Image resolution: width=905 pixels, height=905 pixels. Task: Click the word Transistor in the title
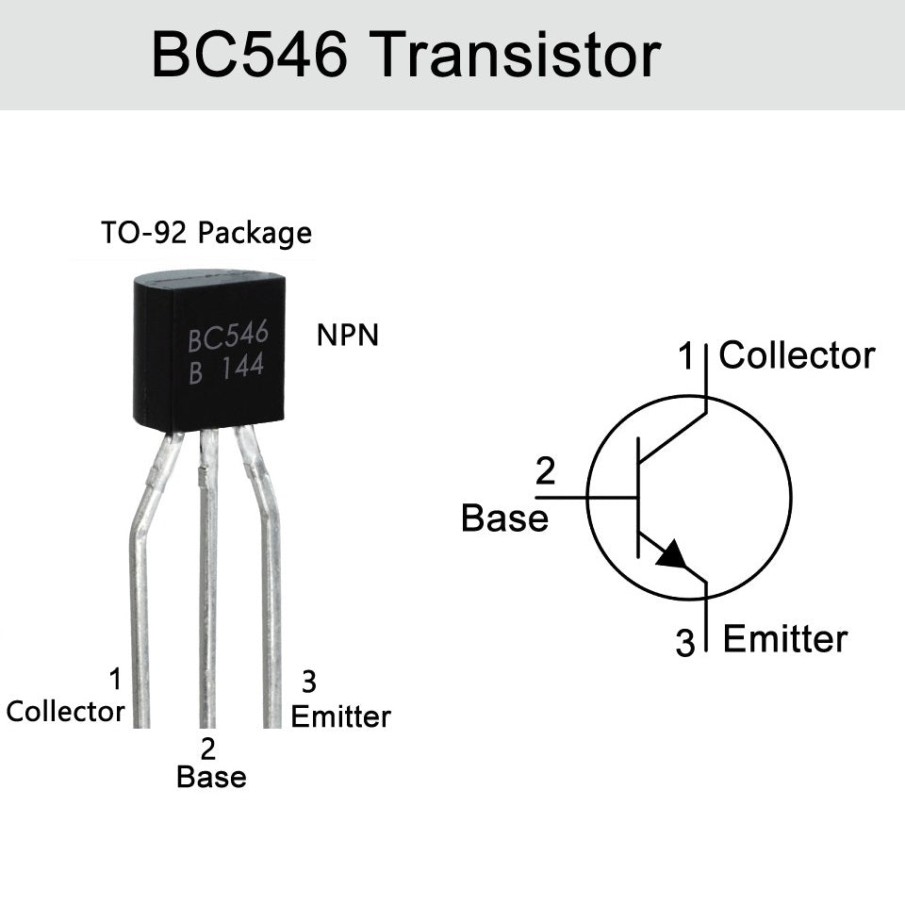pos(518,56)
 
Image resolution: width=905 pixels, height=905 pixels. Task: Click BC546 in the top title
pos(251,56)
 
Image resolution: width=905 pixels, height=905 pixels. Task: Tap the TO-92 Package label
pos(206,232)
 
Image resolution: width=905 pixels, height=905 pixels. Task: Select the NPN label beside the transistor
pos(348,335)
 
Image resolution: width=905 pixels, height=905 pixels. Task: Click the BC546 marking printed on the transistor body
pos(227,337)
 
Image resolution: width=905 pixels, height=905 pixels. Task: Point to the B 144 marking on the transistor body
pos(225,370)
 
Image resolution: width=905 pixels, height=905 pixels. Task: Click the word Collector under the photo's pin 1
pos(65,711)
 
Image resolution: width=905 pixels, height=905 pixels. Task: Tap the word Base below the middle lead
pos(211,777)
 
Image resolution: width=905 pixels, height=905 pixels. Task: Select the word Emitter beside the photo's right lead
pos(340,716)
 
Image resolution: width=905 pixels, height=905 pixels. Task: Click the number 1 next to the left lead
pos(115,679)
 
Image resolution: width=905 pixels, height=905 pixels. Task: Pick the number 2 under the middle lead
pos(208,749)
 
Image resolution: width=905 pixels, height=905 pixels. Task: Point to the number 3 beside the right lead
pos(308,680)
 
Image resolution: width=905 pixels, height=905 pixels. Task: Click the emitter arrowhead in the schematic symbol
pos(671,555)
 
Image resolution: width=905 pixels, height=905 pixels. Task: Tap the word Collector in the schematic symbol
pos(797,355)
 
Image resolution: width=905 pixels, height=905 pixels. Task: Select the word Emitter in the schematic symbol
pos(784,639)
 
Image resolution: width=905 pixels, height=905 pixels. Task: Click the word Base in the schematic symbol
pos(504,518)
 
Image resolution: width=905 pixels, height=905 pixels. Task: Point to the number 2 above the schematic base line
pos(545,470)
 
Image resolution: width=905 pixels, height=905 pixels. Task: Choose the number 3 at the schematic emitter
pos(685,643)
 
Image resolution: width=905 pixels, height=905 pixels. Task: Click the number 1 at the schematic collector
pos(686,356)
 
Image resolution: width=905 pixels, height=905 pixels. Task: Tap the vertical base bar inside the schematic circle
pos(638,496)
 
